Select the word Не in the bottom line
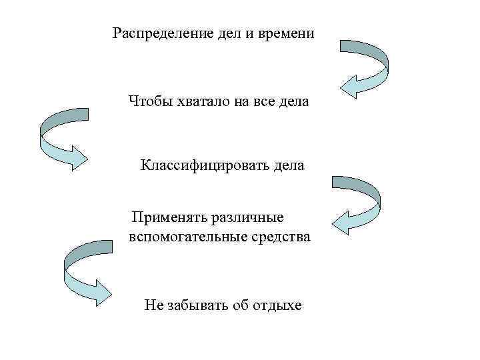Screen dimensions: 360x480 tap(153, 305)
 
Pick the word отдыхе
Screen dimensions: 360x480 tap(277, 305)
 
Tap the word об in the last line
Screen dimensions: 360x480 tap(241, 305)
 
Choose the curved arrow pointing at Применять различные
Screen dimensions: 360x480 tap(357, 203)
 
